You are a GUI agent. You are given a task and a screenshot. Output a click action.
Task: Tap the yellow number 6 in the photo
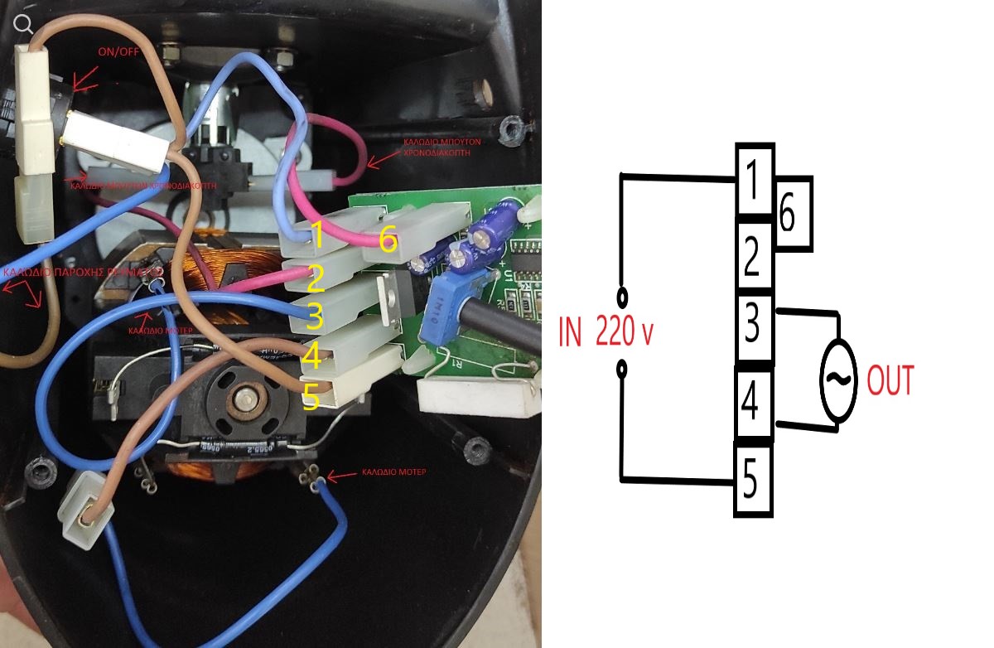pyautogui.click(x=388, y=240)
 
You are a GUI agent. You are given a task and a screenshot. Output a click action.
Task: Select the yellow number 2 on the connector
pyautogui.click(x=314, y=280)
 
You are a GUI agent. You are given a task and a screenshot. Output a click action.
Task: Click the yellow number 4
pyautogui.click(x=311, y=357)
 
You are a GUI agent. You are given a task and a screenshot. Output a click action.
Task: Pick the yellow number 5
pyautogui.click(x=311, y=397)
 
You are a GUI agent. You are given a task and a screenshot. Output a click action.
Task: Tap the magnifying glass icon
pyautogui.click(x=24, y=22)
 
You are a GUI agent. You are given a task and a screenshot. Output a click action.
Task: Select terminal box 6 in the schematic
pyautogui.click(x=790, y=214)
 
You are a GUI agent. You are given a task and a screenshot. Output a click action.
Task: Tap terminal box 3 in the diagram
pyautogui.click(x=753, y=326)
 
